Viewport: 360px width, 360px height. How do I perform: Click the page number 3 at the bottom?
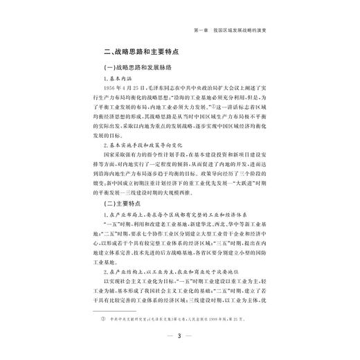click(180, 337)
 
